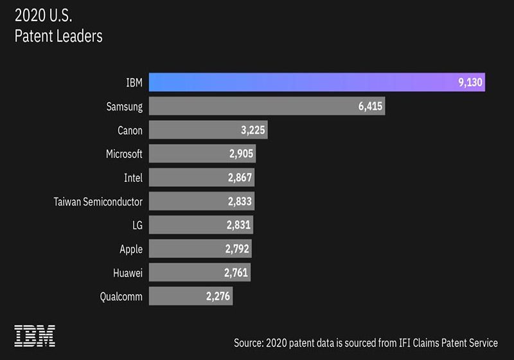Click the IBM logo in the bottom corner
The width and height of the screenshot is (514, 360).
[x=35, y=336]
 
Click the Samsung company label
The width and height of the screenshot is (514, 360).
[x=124, y=107]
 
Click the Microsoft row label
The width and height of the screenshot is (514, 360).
[x=124, y=154]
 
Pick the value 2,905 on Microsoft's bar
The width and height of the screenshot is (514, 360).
[x=240, y=154]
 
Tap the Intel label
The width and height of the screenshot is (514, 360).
[x=133, y=177]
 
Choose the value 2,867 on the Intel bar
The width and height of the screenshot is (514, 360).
[x=239, y=177]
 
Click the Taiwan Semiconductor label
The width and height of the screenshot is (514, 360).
[x=98, y=201]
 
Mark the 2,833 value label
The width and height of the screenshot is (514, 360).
[x=238, y=201]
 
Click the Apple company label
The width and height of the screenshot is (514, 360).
[x=131, y=249]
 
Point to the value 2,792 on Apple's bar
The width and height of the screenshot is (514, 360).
[x=236, y=249]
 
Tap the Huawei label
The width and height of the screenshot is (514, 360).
[x=127, y=273]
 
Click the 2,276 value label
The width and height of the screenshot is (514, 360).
[x=218, y=296]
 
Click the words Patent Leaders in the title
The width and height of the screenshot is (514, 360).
[x=58, y=36]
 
